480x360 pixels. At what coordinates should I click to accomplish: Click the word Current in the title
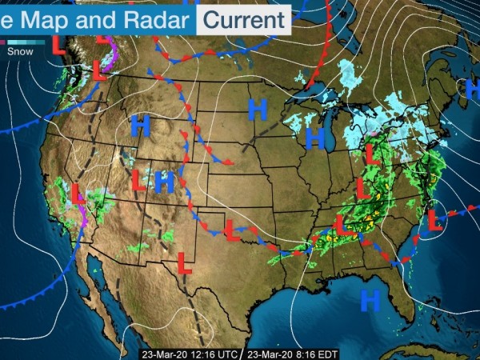point(244,18)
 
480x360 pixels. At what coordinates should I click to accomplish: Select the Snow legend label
point(20,50)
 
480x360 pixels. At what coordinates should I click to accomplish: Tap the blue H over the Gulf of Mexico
point(370,300)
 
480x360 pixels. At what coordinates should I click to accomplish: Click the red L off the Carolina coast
point(435,219)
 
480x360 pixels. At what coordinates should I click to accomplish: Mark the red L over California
point(76,194)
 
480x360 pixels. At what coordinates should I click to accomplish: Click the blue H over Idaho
point(141,125)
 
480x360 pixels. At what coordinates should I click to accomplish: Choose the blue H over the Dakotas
point(257,110)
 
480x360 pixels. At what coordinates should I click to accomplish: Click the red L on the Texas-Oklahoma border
point(232,230)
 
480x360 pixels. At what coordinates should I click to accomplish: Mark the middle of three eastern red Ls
point(362,189)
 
